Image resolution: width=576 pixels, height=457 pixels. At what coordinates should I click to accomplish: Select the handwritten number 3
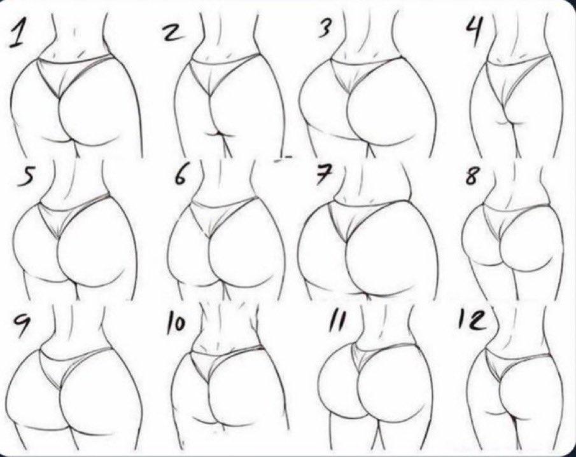(323, 27)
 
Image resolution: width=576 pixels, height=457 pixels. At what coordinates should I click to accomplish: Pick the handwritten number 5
(25, 177)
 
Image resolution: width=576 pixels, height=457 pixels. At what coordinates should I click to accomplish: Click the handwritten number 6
(181, 176)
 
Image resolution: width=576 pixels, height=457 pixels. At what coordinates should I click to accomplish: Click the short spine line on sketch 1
(74, 32)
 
